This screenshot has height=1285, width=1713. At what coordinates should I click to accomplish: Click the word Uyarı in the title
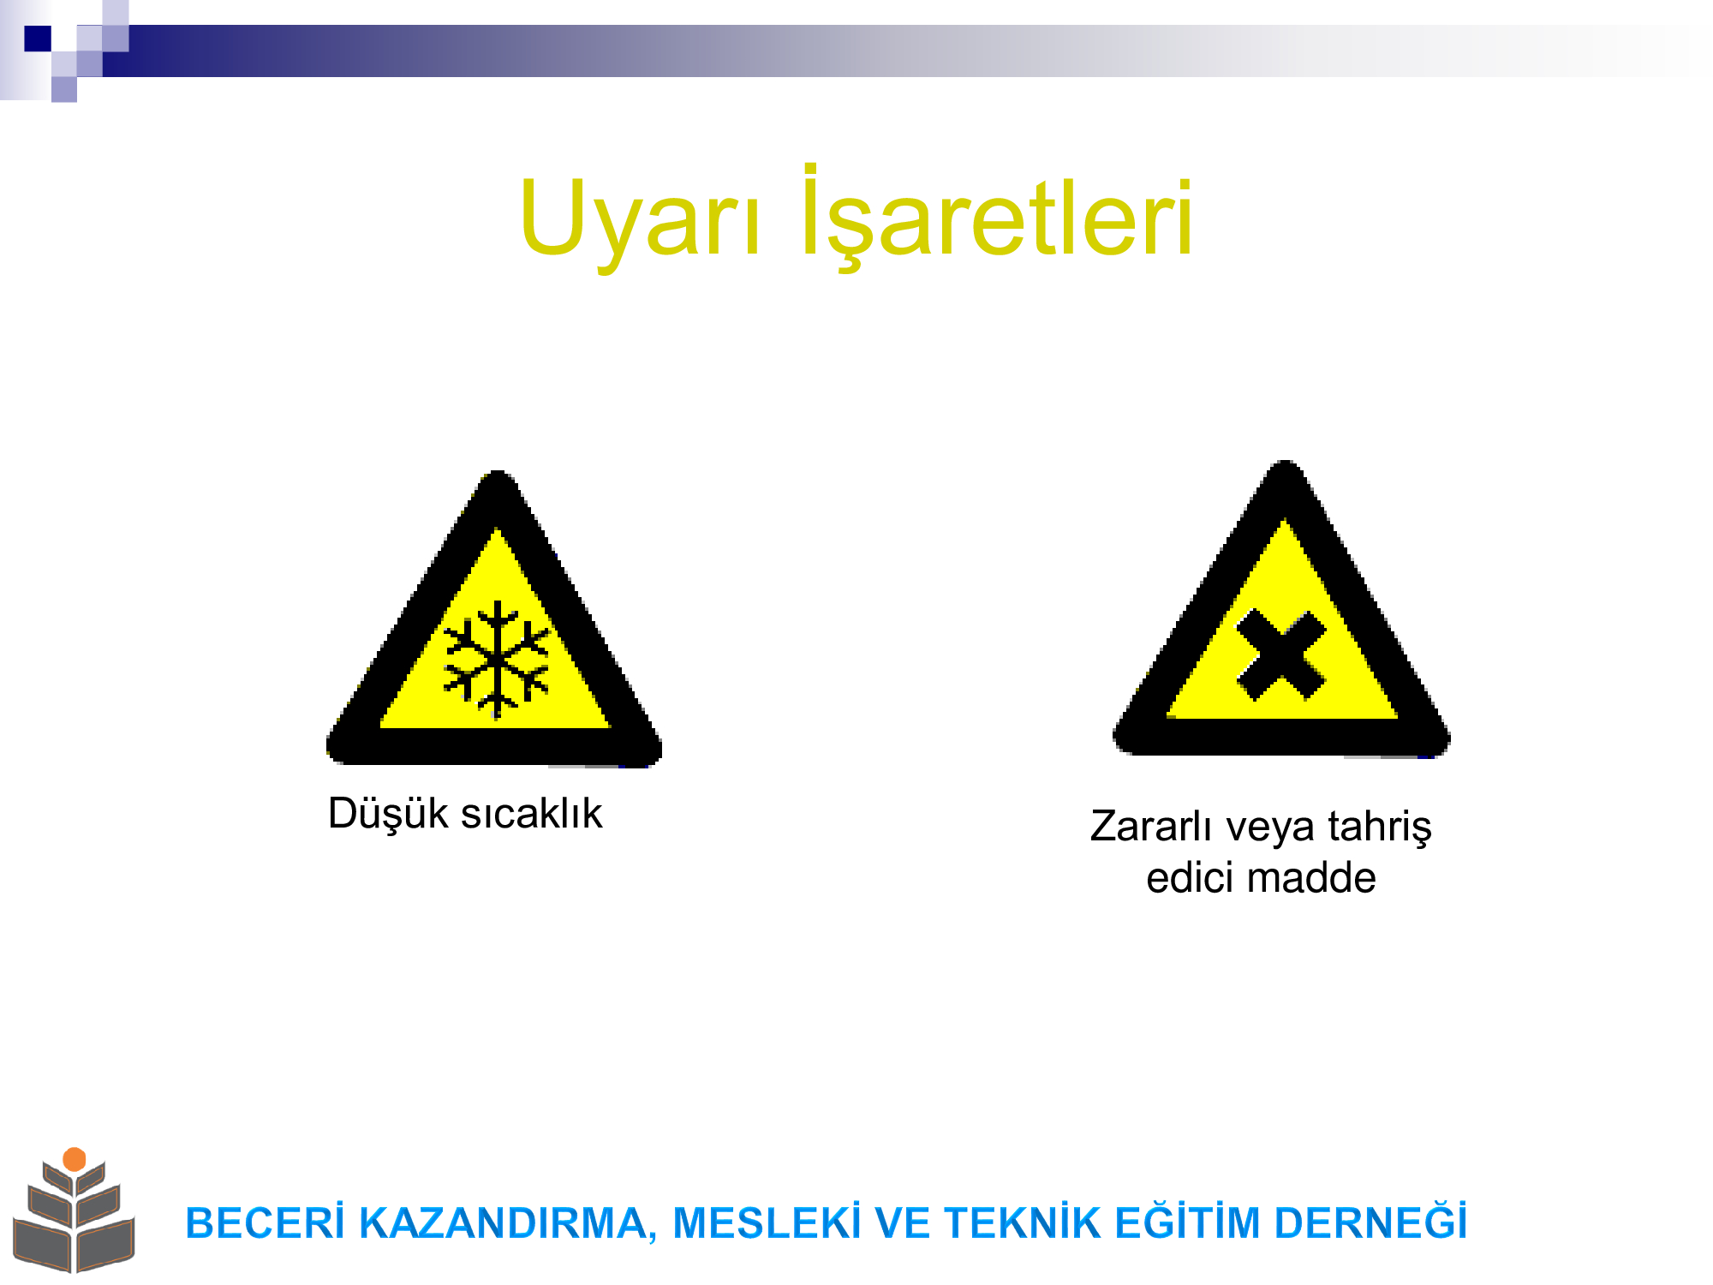pyautogui.click(x=640, y=218)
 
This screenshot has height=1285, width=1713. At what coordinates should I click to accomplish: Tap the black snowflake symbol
pyautogui.click(x=496, y=660)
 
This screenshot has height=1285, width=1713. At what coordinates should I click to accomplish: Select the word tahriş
pyautogui.click(x=1380, y=828)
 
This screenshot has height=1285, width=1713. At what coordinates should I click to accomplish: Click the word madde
pyautogui.click(x=1311, y=878)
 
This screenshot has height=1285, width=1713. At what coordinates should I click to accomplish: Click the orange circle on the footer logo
pyautogui.click(x=75, y=1159)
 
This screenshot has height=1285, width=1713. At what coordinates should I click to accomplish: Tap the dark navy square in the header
pyautogui.click(x=38, y=39)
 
